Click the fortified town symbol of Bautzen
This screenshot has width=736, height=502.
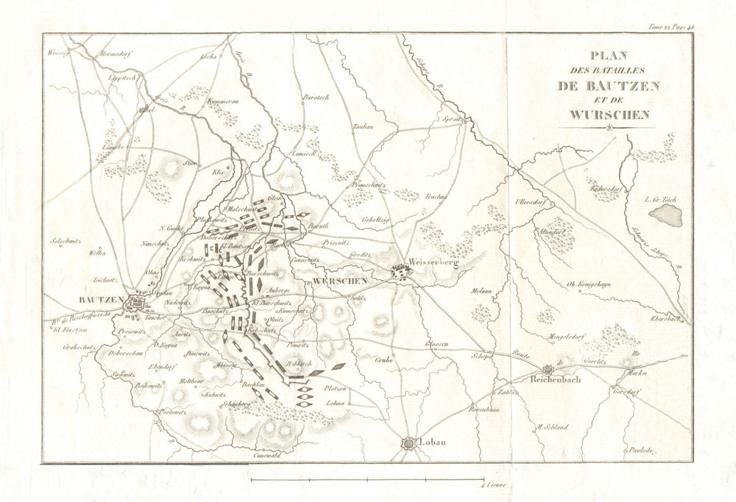[x=137, y=303]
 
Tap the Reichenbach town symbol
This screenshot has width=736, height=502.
[x=547, y=371]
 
